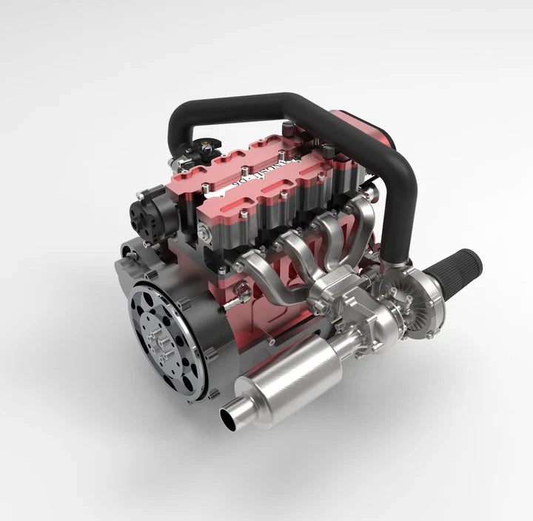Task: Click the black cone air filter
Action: [454, 271]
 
